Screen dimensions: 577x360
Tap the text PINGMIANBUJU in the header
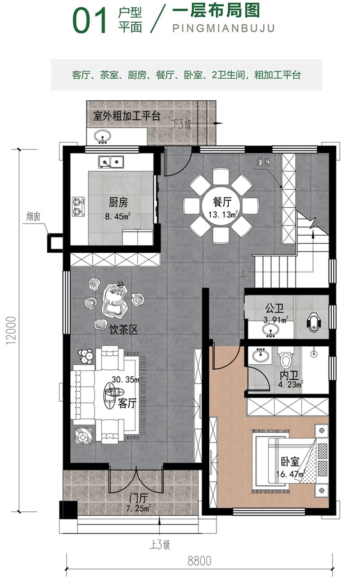[x=223, y=29]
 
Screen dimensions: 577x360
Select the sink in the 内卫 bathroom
[x=259, y=356]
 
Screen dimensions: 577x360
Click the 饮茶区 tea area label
[x=123, y=330]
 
